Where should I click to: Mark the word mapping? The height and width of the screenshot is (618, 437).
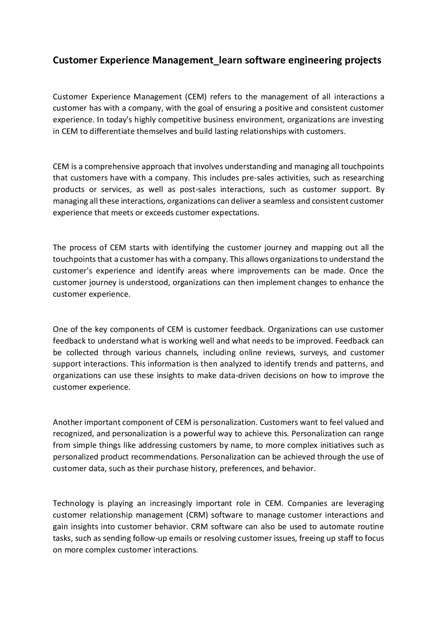(x=326, y=248)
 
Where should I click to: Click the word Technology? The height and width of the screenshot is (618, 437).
(x=73, y=504)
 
